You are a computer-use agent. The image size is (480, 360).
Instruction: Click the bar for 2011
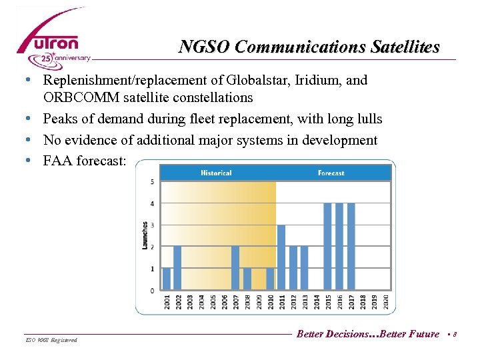[281, 257]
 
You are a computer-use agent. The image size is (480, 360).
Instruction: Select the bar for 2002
[177, 268]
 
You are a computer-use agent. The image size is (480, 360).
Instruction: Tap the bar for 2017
[351, 247]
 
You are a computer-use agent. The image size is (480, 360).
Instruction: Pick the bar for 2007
[235, 268]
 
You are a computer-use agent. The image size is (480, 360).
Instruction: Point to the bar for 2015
[327, 247]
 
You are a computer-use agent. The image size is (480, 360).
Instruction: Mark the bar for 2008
[247, 279]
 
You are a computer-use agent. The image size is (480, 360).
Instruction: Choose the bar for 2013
[304, 268]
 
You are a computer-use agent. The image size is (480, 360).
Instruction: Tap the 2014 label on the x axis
[317, 301]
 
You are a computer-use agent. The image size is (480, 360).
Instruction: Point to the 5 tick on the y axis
[153, 182]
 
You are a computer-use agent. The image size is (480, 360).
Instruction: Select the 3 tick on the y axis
[153, 225]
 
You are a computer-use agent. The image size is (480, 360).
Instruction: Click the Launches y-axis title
[145, 235]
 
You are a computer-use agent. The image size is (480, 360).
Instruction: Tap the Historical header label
[216, 173]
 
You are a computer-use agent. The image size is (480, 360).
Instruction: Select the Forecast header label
[331, 173]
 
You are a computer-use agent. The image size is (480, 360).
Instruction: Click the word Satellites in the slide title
[404, 47]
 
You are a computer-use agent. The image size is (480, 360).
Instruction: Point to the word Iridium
[321, 81]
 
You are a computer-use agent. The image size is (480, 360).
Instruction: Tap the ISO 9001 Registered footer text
[51, 340]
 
